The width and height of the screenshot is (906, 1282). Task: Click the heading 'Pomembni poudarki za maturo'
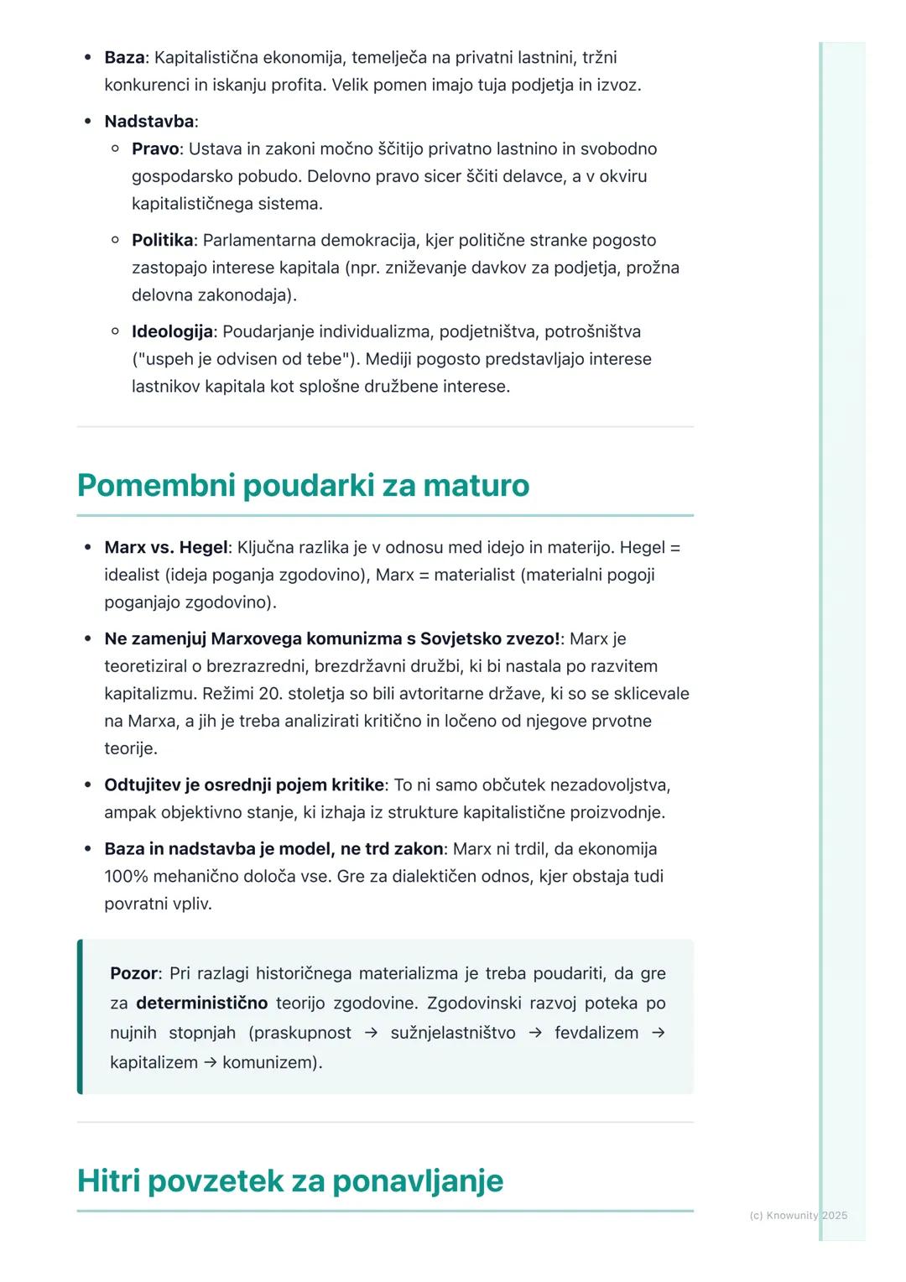(x=303, y=486)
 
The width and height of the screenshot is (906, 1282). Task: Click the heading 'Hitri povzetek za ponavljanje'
(x=290, y=1180)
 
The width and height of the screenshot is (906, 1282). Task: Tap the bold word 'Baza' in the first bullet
(x=124, y=58)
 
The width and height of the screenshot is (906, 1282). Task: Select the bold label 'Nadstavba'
(x=148, y=122)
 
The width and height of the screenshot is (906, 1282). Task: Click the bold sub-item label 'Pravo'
(x=155, y=149)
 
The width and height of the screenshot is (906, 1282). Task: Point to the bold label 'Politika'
(x=162, y=241)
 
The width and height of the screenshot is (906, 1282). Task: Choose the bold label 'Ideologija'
(x=172, y=332)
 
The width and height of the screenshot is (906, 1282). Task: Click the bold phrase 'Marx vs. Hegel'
(x=165, y=548)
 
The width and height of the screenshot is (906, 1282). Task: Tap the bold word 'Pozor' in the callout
(x=133, y=974)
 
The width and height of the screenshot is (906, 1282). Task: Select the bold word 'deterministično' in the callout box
(x=201, y=1003)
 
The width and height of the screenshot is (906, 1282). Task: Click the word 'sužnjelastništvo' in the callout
(x=453, y=1033)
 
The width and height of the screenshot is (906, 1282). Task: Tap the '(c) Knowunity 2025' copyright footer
(x=798, y=1215)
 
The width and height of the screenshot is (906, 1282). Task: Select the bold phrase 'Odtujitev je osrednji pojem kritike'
(x=244, y=785)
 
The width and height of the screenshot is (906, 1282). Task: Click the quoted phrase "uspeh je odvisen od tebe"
(x=240, y=360)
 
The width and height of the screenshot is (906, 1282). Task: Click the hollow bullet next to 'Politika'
(x=115, y=241)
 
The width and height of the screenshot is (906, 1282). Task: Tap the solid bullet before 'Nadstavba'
(x=87, y=122)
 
